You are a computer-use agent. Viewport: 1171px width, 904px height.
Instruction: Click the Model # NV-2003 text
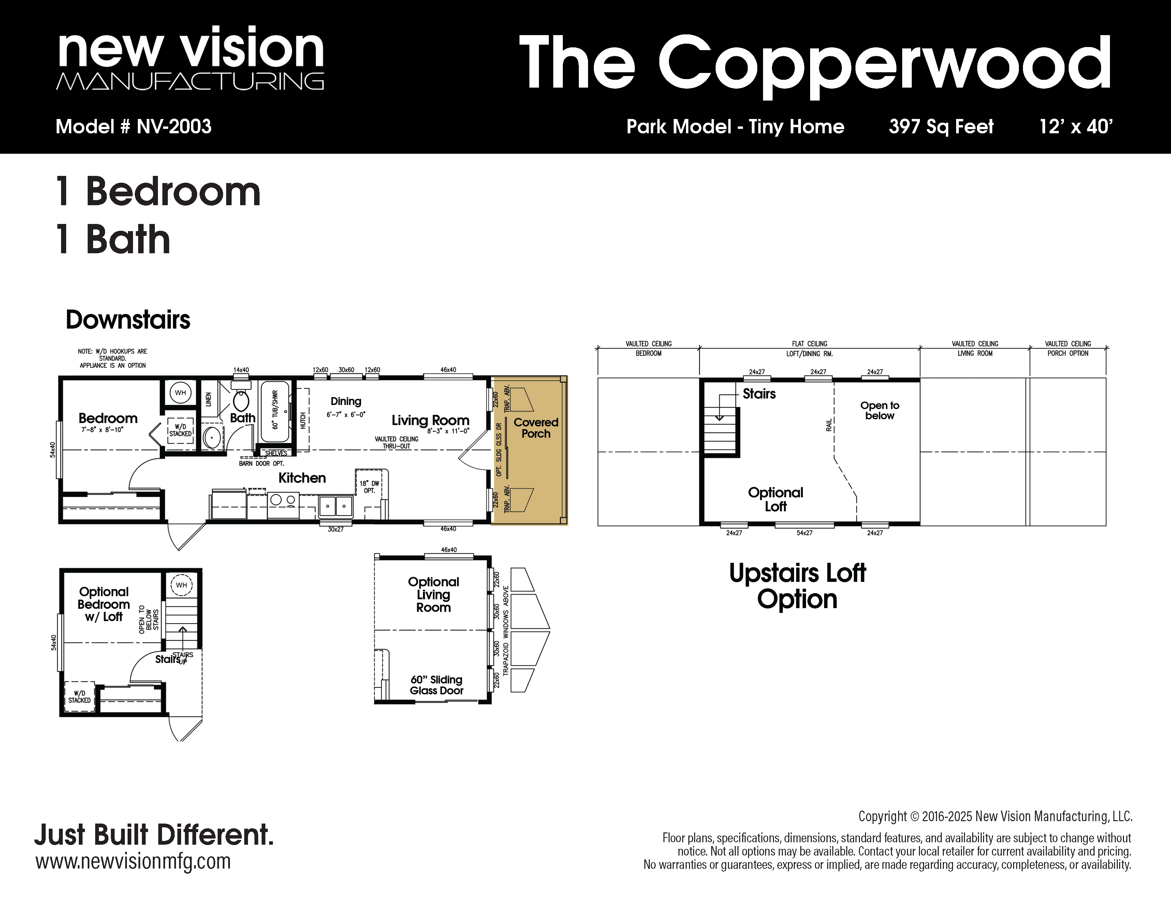point(133,126)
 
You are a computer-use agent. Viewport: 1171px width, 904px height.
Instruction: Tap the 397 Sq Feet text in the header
point(941,126)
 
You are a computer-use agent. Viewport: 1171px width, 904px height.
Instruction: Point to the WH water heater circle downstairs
point(181,393)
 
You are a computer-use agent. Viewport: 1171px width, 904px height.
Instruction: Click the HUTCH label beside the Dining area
point(303,421)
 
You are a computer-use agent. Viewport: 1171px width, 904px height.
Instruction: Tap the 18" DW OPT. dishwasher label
point(369,486)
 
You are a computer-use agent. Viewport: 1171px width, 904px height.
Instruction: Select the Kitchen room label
point(302,478)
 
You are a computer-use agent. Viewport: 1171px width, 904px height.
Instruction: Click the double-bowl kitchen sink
point(336,505)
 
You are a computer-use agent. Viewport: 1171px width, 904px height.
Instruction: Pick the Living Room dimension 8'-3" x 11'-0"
point(448,431)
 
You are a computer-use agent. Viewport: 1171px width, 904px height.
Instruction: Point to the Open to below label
point(880,410)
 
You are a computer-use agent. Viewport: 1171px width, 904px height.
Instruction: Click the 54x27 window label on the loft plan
point(804,533)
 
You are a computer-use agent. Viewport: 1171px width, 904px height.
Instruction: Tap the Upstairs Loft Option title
point(797,586)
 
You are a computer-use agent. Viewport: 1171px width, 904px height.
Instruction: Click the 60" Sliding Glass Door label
point(437,685)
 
